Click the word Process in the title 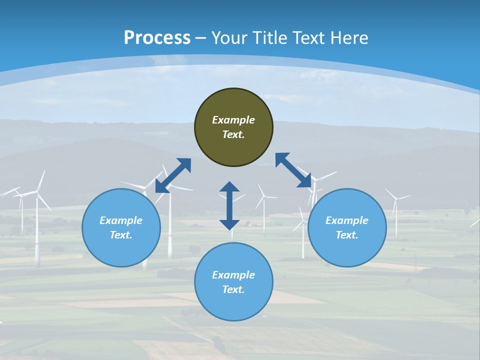pyautogui.click(x=157, y=38)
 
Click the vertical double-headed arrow pyautogui.click(x=229, y=205)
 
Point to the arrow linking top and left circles pyautogui.click(x=173, y=175)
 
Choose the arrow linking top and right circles pyautogui.click(x=293, y=170)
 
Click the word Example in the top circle pyautogui.click(x=233, y=120)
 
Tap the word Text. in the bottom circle pyautogui.click(x=233, y=289)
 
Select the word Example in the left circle pyautogui.click(x=121, y=220)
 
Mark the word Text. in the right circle pyautogui.click(x=347, y=235)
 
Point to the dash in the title pyautogui.click(x=201, y=38)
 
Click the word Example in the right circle pyautogui.click(x=347, y=220)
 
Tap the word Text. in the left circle pyautogui.click(x=121, y=235)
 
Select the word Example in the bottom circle pyautogui.click(x=233, y=275)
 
